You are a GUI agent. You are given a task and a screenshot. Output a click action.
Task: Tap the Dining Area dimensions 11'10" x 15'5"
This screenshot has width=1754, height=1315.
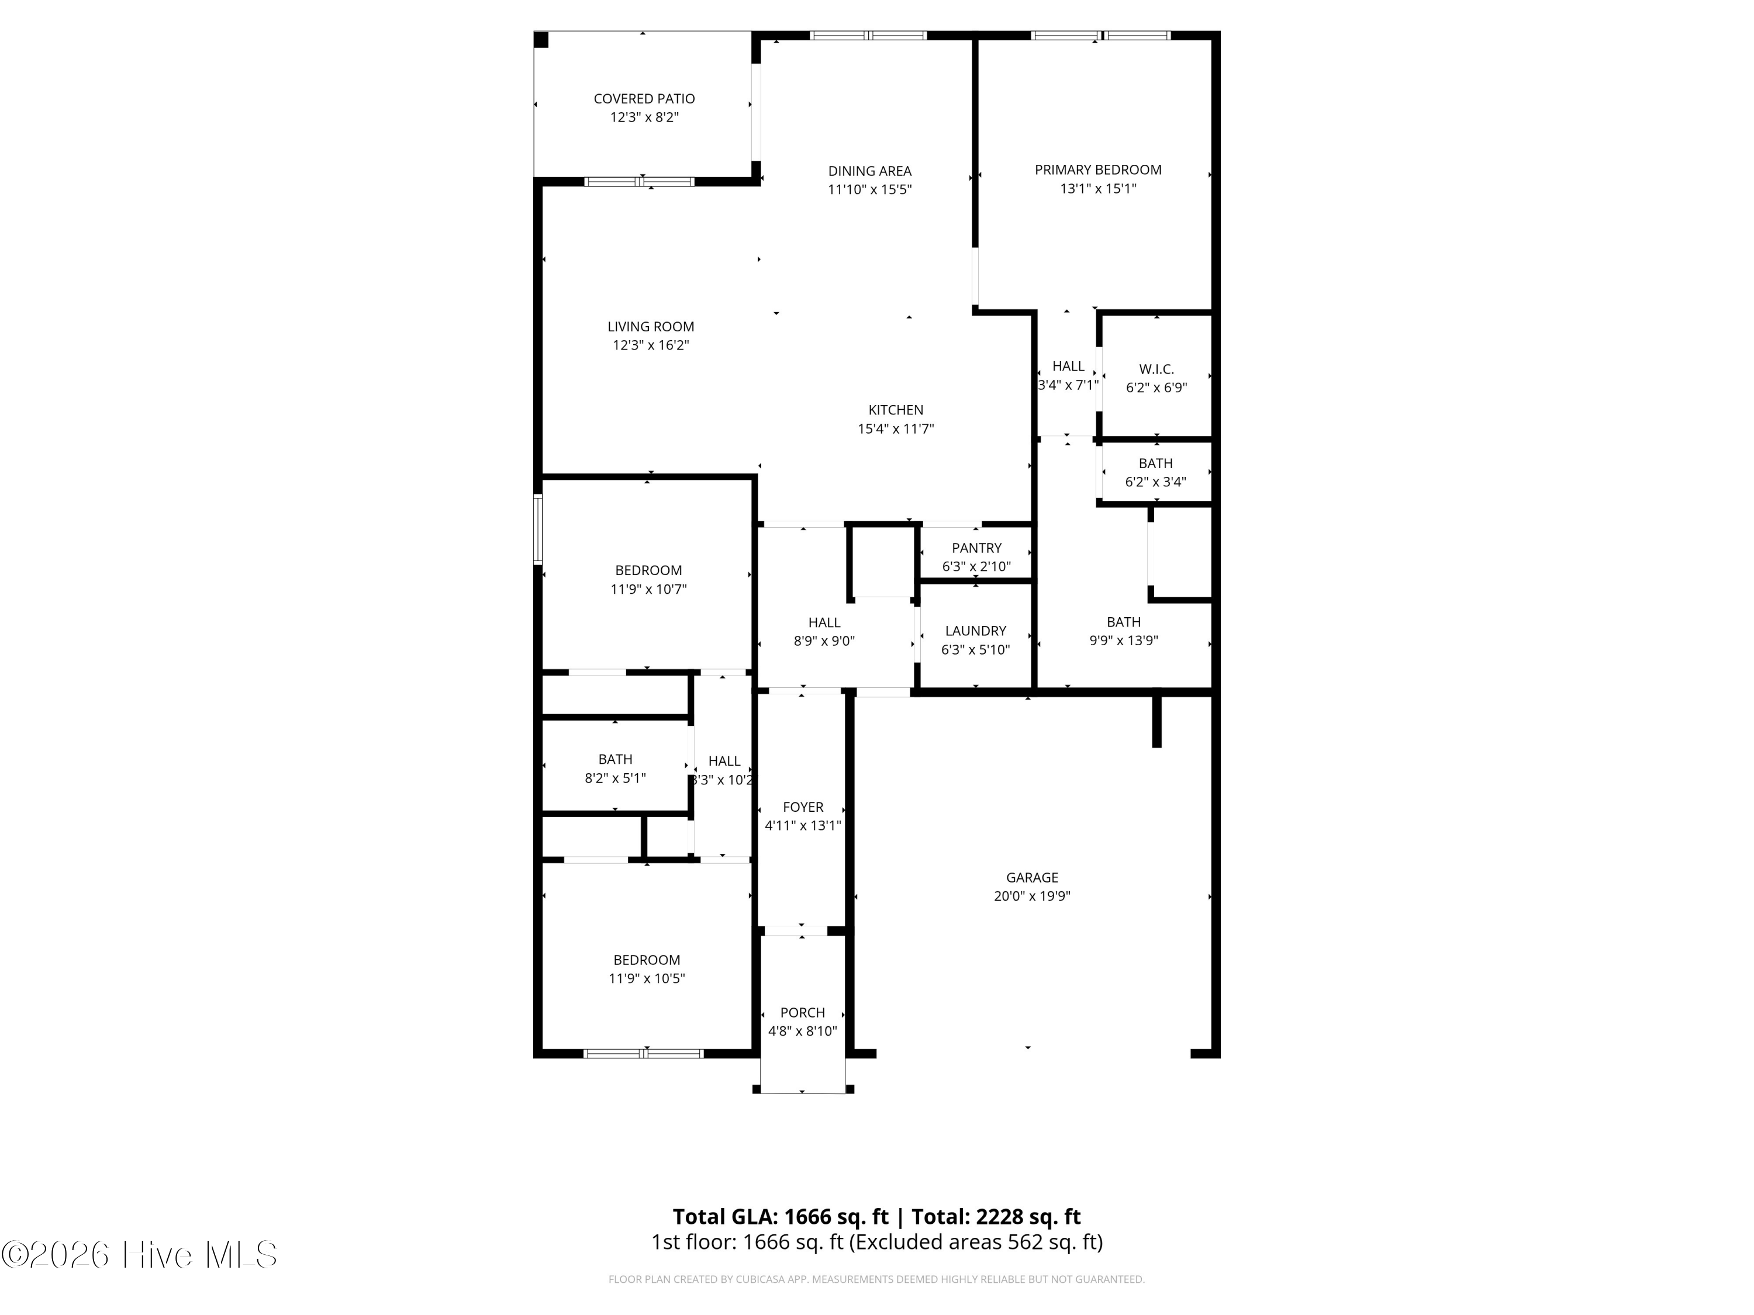pyautogui.click(x=870, y=189)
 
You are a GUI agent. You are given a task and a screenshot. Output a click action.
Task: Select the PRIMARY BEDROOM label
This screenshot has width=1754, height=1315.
pyautogui.click(x=1097, y=169)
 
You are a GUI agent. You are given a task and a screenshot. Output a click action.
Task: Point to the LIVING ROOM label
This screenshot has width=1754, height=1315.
pyautogui.click(x=650, y=327)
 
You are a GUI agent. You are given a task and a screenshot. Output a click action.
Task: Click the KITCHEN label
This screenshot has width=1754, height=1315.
pyautogui.click(x=895, y=410)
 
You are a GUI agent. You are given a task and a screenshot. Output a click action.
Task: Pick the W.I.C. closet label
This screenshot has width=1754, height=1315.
pyautogui.click(x=1156, y=369)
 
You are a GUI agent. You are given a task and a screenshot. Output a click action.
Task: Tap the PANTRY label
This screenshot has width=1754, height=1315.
pyautogui.click(x=976, y=548)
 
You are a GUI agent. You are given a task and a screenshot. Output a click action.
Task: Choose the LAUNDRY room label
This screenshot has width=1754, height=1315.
pyautogui.click(x=975, y=631)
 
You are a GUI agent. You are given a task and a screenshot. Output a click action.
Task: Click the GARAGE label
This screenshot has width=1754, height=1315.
pyautogui.click(x=1031, y=877)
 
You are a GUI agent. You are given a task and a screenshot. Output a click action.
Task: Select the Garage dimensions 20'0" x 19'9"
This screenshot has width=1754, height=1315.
pyautogui.click(x=1031, y=897)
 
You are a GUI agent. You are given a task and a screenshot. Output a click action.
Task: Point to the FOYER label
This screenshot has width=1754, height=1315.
pyautogui.click(x=803, y=807)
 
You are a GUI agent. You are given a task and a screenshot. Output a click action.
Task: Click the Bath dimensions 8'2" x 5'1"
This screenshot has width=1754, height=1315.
pyautogui.click(x=615, y=778)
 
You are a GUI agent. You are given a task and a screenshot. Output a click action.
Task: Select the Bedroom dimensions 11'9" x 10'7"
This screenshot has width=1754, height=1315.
pyautogui.click(x=648, y=589)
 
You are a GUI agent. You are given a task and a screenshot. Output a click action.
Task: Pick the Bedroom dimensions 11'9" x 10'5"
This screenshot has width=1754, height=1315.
pyautogui.click(x=646, y=978)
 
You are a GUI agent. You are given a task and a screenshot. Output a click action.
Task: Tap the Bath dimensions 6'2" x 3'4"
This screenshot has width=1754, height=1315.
pyautogui.click(x=1155, y=482)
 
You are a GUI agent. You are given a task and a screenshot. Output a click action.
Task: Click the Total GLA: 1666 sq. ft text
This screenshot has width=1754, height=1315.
pyautogui.click(x=781, y=1217)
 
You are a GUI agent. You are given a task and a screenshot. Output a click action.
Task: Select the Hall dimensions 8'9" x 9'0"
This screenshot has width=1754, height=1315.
pyautogui.click(x=824, y=641)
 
